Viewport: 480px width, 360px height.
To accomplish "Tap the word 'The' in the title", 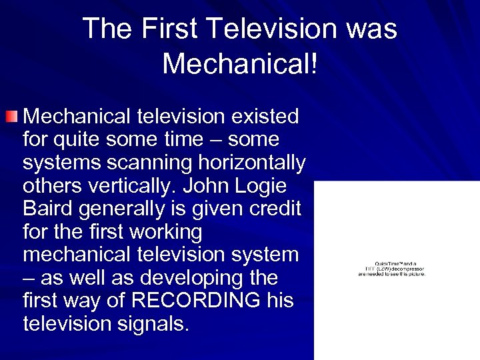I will [x=107, y=29].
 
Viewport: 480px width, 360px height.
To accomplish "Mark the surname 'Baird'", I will [x=47, y=209].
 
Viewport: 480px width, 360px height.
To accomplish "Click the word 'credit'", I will [x=271, y=209].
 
